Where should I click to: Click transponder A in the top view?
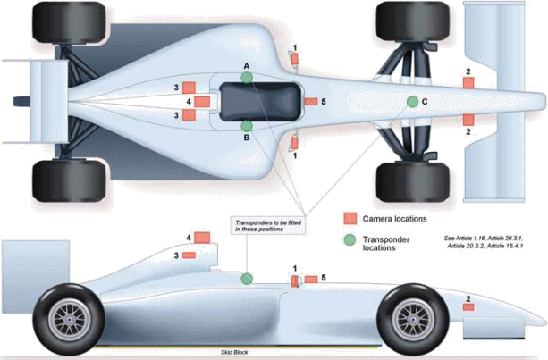247,78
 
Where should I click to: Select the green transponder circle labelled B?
247,125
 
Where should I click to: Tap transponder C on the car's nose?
412,101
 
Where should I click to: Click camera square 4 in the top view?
202,102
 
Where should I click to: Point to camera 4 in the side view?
202,237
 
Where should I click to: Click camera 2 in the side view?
468,307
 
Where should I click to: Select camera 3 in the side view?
189,255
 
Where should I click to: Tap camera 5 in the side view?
311,280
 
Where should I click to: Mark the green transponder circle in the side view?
246,278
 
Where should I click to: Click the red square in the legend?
351,218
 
